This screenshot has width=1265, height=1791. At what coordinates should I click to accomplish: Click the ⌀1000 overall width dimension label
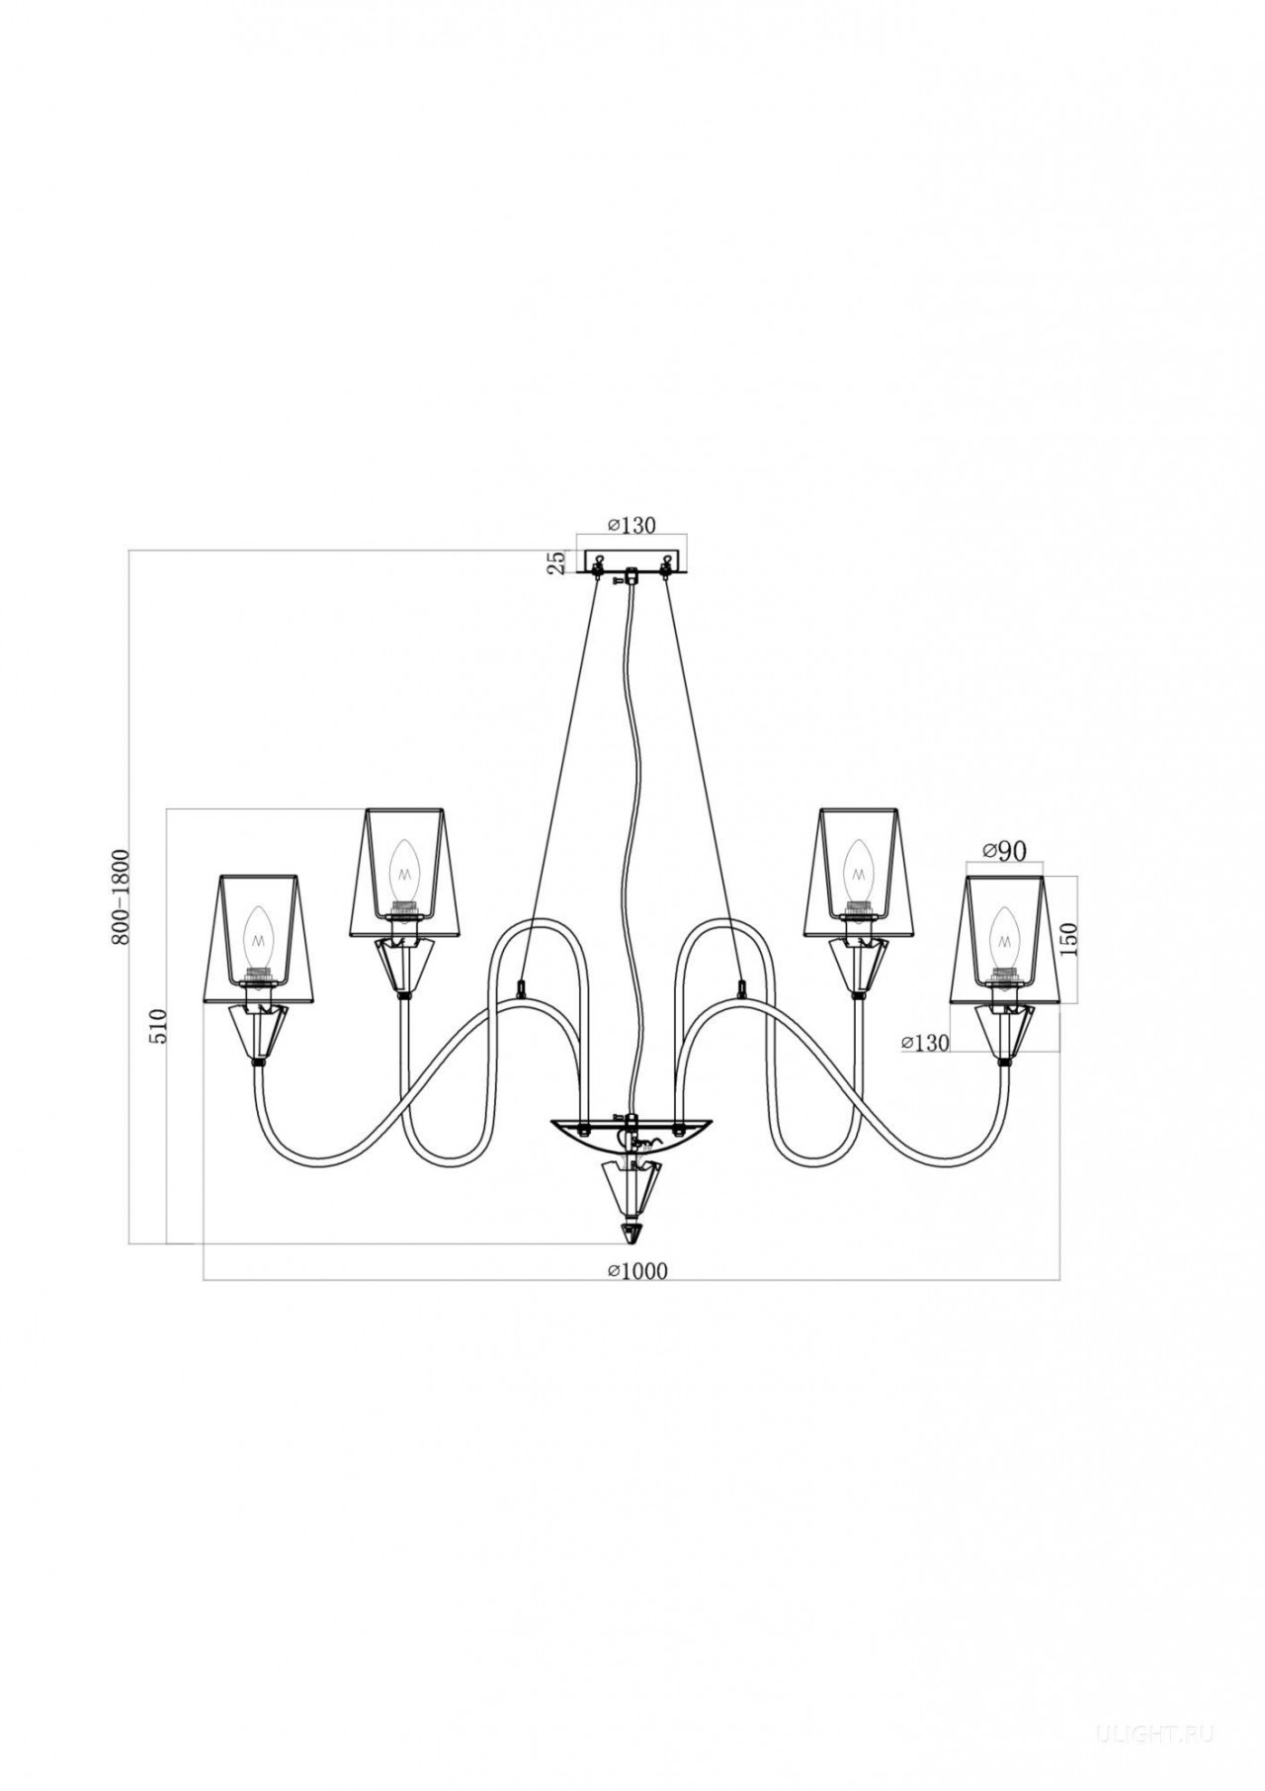637,1271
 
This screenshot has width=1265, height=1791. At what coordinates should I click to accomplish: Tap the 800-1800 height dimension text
120,883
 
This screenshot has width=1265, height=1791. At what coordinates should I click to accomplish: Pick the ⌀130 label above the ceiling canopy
632,525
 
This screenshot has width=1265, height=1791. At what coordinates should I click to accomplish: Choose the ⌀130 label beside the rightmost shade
925,1042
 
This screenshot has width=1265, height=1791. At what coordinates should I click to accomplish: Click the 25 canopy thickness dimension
557,561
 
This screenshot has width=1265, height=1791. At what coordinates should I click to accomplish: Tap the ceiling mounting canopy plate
632,561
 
